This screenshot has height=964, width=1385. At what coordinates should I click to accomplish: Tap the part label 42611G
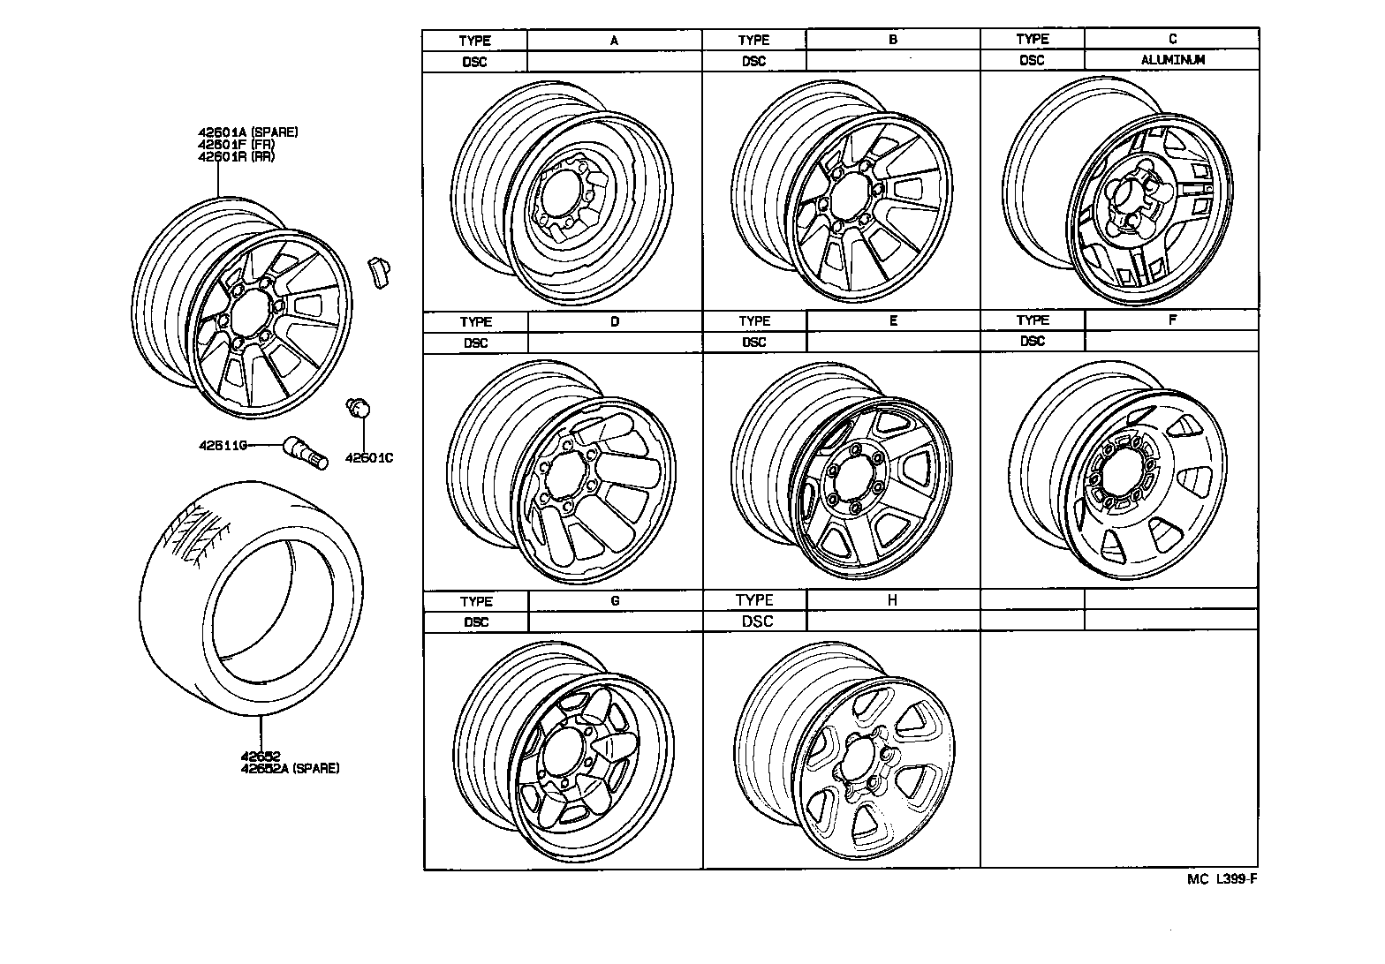click(x=221, y=446)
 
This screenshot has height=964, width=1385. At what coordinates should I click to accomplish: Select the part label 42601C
click(x=368, y=458)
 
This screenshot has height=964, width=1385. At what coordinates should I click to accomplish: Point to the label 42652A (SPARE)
click(x=290, y=768)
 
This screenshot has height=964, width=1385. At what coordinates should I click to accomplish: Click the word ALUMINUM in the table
click(x=1172, y=60)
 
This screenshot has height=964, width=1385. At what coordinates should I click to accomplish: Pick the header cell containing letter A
click(x=614, y=40)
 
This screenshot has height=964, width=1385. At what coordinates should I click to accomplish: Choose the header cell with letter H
click(x=893, y=600)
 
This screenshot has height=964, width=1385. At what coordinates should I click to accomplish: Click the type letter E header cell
click(x=893, y=320)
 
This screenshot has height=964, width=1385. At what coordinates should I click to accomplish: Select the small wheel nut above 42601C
click(x=359, y=407)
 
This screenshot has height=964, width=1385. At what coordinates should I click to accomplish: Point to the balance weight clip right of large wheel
click(x=381, y=270)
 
